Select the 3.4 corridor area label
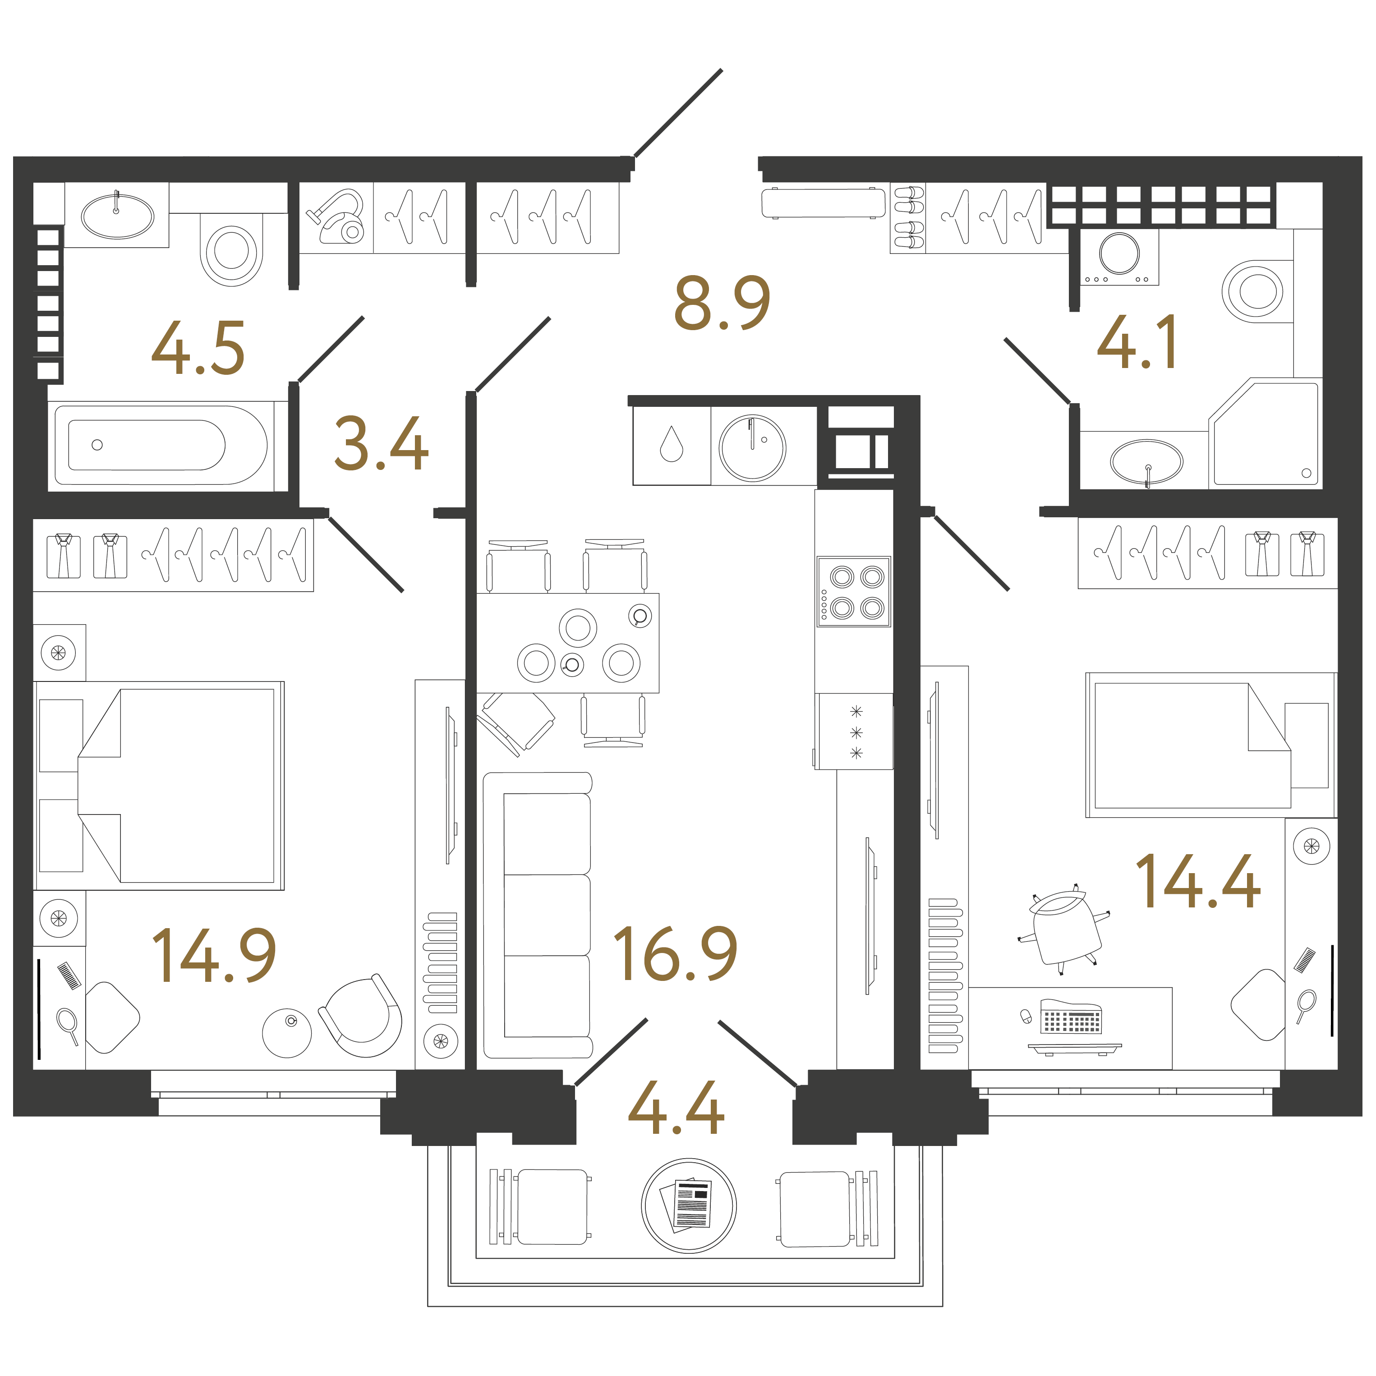(381, 445)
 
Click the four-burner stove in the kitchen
(853, 592)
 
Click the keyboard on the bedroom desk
(1071, 1018)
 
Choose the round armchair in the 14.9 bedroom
(362, 1017)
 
